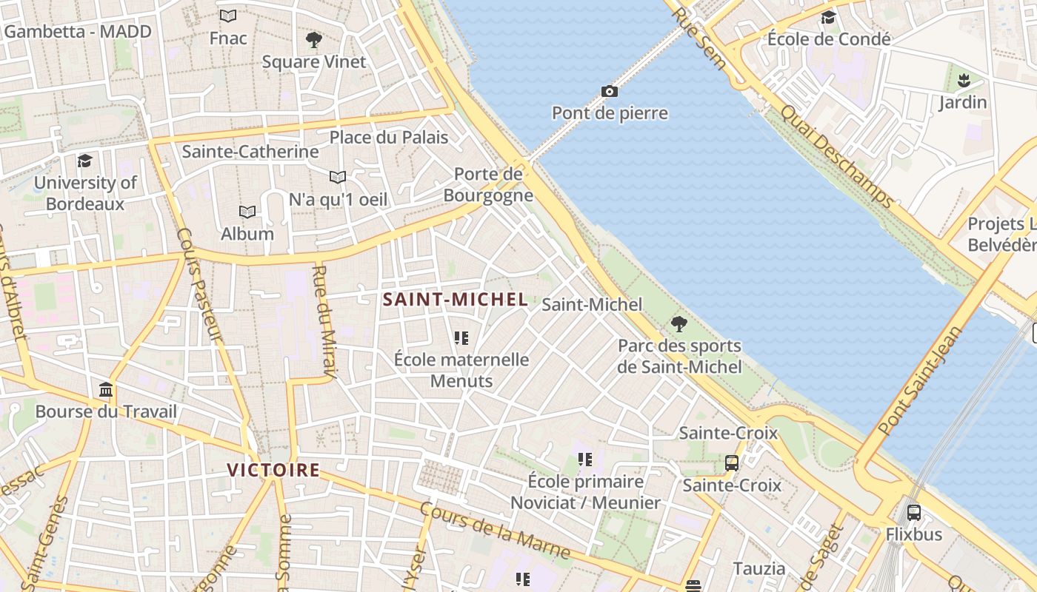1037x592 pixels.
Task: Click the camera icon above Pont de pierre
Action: pyautogui.click(x=609, y=92)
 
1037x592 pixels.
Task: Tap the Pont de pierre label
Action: pyautogui.click(x=610, y=113)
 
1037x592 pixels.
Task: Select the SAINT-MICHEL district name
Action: pyautogui.click(x=455, y=300)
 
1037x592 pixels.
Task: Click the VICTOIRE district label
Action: pyautogui.click(x=273, y=470)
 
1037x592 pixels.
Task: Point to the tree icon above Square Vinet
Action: pyautogui.click(x=314, y=40)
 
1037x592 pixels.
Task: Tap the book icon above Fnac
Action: pyautogui.click(x=228, y=16)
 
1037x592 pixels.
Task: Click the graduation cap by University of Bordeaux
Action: pyautogui.click(x=85, y=161)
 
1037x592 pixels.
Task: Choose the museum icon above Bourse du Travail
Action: pyautogui.click(x=106, y=389)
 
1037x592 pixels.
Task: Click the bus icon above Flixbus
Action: pyautogui.click(x=914, y=512)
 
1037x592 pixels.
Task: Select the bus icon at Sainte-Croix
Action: pyautogui.click(x=732, y=463)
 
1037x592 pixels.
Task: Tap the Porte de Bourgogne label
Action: pyautogui.click(x=488, y=185)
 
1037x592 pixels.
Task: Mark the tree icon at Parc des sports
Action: pyautogui.click(x=678, y=324)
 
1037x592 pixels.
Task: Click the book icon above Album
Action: pyautogui.click(x=247, y=212)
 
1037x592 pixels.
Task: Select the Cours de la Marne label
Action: pyautogui.click(x=495, y=531)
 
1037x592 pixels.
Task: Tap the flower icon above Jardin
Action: pyautogui.click(x=963, y=80)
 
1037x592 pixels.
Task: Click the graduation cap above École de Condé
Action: pyautogui.click(x=828, y=17)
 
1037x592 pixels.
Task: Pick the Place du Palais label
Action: pyautogui.click(x=389, y=137)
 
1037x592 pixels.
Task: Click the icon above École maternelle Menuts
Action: pyautogui.click(x=461, y=338)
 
